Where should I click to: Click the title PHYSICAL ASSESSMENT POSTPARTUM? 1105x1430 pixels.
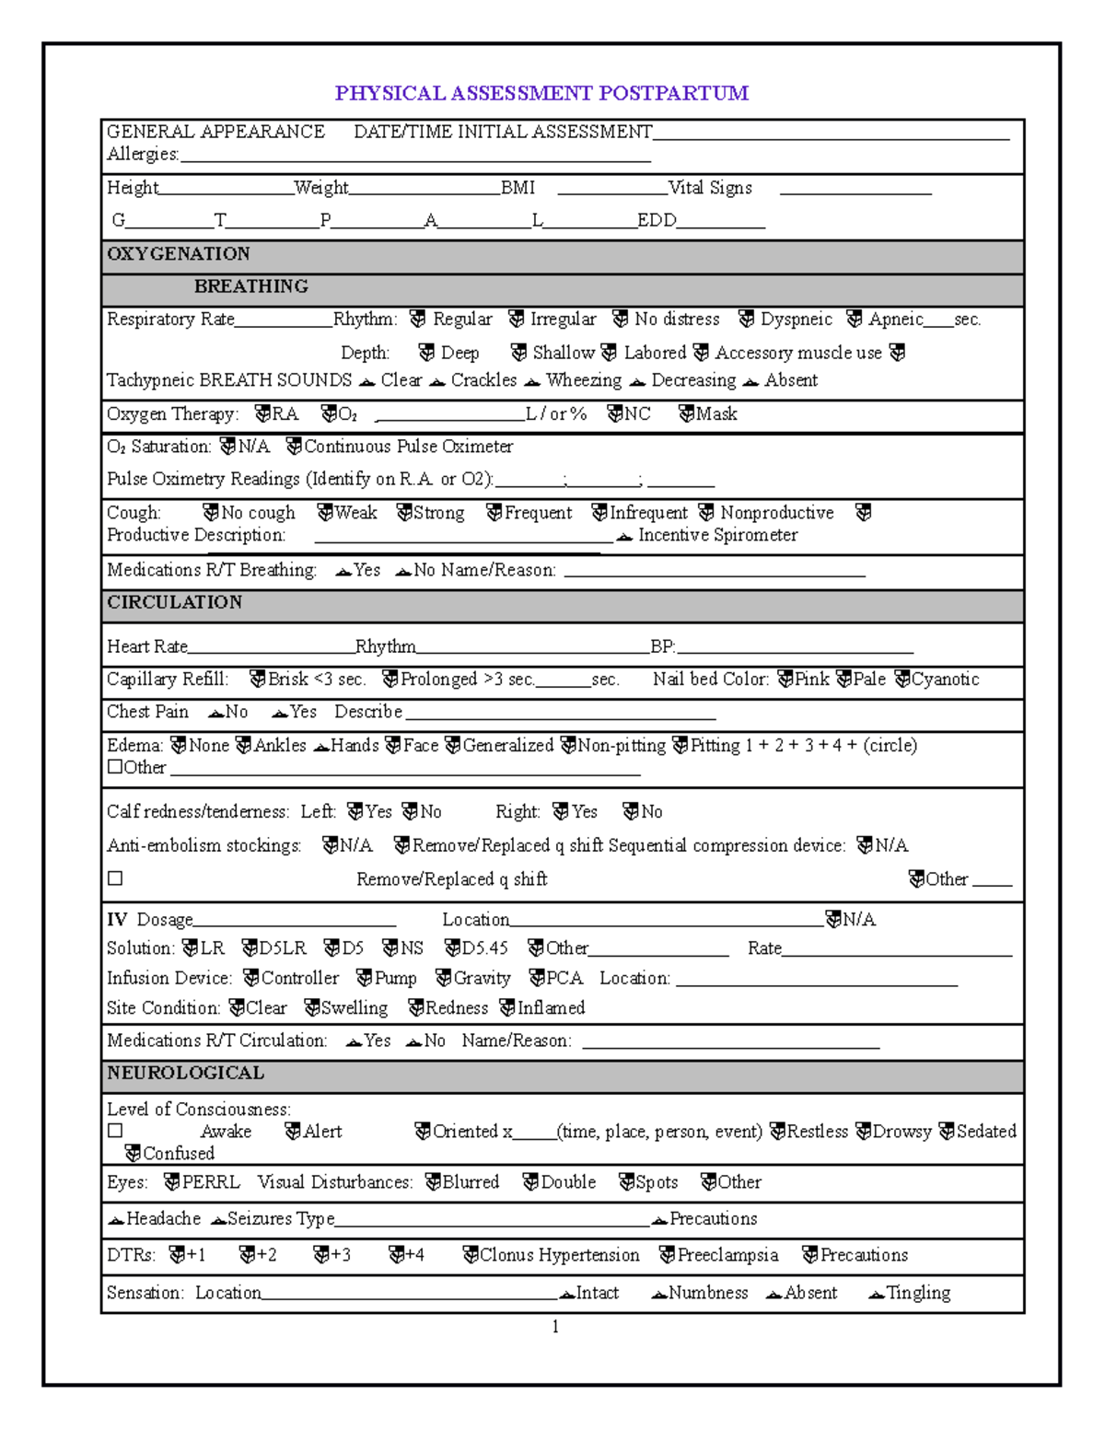pos(541,93)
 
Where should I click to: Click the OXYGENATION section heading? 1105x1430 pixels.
pos(179,254)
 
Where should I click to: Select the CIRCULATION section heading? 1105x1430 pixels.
pos(174,602)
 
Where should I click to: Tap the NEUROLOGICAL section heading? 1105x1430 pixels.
pos(185,1073)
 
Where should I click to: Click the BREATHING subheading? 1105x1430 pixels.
pos(250,286)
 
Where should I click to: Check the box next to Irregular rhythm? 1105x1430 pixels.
pos(517,319)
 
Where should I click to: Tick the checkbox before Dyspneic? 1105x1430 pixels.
pos(747,319)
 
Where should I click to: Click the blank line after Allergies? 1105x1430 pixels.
pos(414,157)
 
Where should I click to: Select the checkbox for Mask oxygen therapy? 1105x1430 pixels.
pos(686,413)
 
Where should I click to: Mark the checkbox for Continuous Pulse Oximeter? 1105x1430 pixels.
pos(294,447)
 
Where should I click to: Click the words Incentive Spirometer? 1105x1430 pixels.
pos(717,535)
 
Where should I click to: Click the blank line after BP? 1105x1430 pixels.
pos(794,647)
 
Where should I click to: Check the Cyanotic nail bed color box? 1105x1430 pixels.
pos(902,679)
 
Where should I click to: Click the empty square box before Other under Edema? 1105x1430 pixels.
pos(115,767)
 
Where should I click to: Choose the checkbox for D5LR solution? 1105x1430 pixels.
pos(250,948)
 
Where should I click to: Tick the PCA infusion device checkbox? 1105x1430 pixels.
pos(537,978)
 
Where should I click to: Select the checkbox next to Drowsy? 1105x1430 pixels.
pos(863,1131)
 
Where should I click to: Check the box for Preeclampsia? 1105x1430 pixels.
pos(668,1255)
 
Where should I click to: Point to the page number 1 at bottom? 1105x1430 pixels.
pos(555,1327)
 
